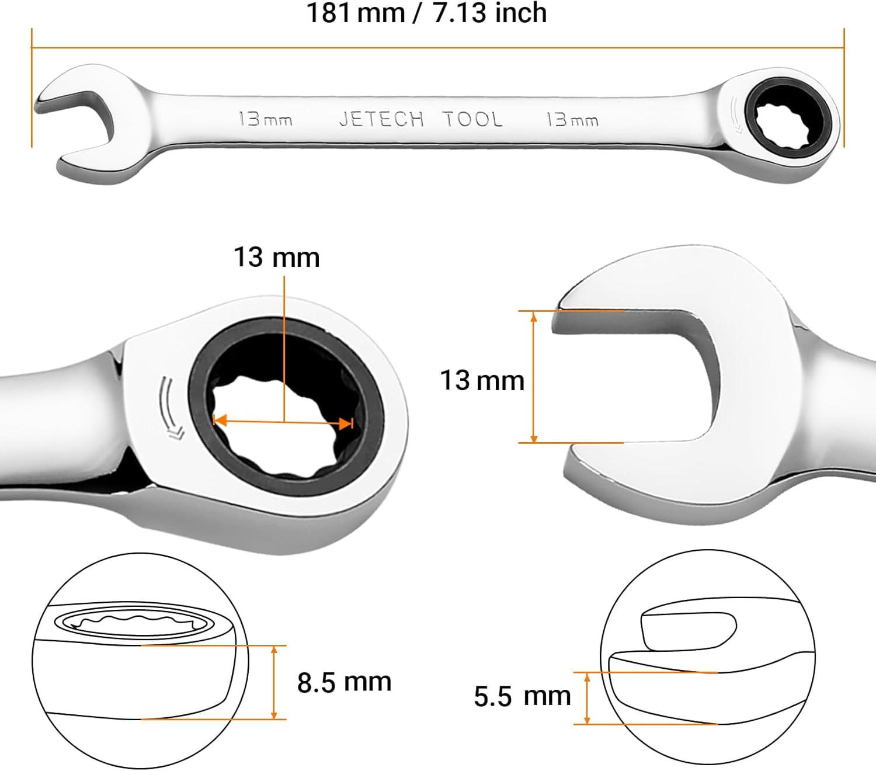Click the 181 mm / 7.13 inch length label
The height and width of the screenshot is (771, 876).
click(426, 13)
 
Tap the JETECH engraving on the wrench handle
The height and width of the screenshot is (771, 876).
click(381, 119)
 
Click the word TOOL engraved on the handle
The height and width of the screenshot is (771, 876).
click(472, 119)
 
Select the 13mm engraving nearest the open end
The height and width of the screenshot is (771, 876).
click(265, 119)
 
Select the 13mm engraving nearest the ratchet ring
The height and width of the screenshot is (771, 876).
click(572, 120)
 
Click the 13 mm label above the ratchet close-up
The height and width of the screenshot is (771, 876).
click(276, 258)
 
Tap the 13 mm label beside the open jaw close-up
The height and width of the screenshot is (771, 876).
click(482, 380)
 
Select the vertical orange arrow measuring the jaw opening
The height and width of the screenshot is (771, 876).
click(534, 377)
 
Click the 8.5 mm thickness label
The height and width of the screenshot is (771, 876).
click(344, 682)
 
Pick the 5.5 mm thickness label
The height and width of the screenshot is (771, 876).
click(522, 696)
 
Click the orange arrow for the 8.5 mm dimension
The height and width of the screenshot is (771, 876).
click(274, 682)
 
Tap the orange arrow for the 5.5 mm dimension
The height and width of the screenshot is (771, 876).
click(588, 698)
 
